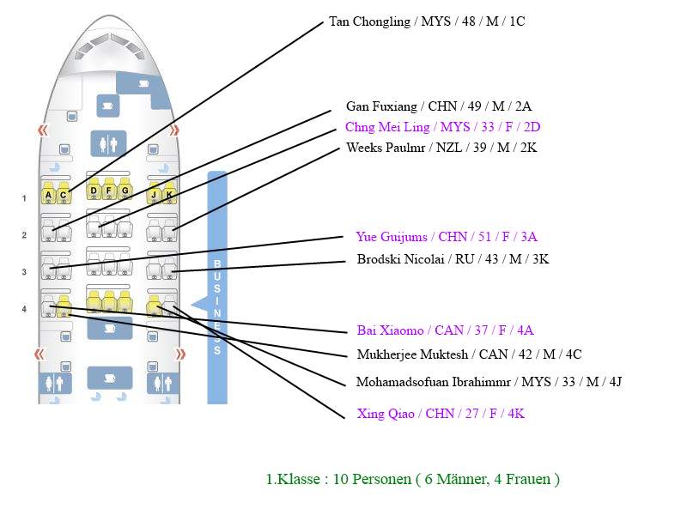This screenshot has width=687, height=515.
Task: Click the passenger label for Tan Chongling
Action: click(x=427, y=21)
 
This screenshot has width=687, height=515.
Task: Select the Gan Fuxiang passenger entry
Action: click(x=439, y=106)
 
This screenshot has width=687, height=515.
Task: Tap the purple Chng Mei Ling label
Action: click(x=442, y=127)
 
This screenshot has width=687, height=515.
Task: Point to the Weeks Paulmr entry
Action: click(x=441, y=148)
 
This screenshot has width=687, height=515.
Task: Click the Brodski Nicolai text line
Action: click(x=453, y=258)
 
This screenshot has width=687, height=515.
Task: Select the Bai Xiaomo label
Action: click(x=446, y=330)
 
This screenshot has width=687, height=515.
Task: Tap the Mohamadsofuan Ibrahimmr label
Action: click(x=489, y=382)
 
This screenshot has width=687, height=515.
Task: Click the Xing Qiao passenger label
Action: click(x=441, y=414)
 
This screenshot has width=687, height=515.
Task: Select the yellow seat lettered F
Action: click(x=109, y=191)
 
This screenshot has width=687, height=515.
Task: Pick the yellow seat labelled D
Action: click(x=94, y=191)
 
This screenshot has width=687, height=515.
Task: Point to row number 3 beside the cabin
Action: click(x=24, y=272)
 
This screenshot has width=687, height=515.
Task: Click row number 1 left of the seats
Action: click(x=24, y=198)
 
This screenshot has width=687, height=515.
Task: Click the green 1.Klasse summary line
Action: click(x=412, y=479)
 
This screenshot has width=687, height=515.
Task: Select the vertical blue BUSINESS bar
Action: click(x=217, y=288)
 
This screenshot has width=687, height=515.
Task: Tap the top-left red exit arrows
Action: click(x=42, y=130)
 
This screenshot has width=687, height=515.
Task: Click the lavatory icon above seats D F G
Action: click(x=109, y=142)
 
